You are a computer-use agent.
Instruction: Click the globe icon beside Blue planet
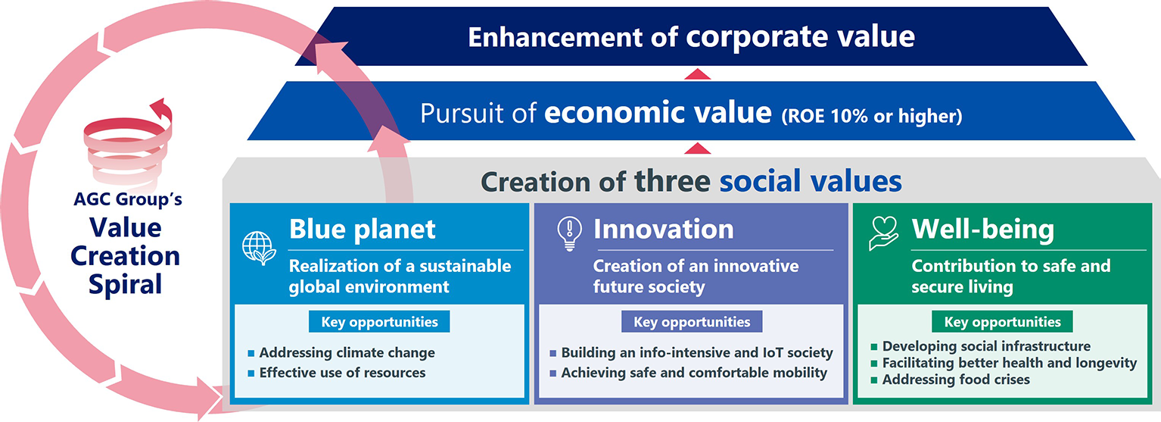click(259, 248)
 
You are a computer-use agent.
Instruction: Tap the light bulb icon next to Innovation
click(569, 233)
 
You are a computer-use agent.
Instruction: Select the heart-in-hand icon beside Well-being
click(884, 233)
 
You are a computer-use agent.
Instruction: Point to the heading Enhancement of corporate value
click(692, 37)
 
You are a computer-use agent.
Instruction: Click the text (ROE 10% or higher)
click(872, 116)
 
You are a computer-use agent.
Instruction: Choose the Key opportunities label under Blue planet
click(379, 322)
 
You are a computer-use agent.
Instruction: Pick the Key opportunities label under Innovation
click(692, 322)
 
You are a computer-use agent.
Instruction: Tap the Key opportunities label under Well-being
click(1002, 322)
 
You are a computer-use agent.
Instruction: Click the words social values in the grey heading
click(811, 181)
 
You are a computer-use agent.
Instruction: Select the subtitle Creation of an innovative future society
click(696, 276)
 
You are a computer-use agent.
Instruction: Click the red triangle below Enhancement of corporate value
click(697, 73)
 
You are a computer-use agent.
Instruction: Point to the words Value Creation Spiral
click(126, 256)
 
